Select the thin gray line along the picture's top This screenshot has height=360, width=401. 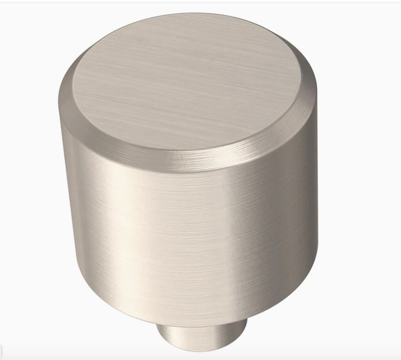click(200, 2)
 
